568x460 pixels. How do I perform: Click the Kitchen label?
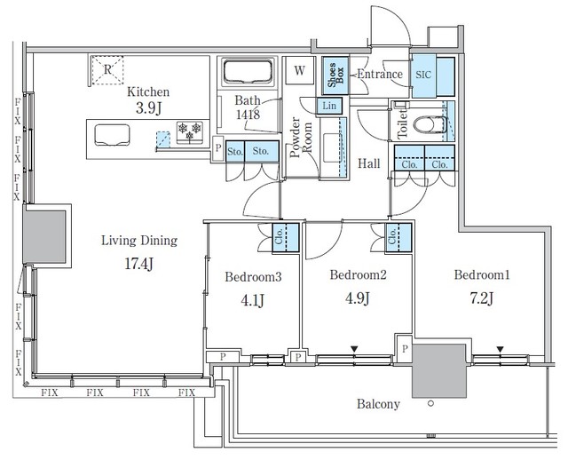148,91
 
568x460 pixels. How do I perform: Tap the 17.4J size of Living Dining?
139,264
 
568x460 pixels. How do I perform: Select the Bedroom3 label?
253,277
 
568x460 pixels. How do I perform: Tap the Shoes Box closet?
335,76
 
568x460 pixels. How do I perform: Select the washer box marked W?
300,70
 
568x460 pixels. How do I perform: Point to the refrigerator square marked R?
107,69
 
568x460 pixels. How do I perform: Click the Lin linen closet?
329,106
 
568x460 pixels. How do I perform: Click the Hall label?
370,164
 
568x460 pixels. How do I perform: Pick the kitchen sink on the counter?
111,137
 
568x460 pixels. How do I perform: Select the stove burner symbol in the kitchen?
190,131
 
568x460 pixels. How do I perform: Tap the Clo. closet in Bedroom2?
395,237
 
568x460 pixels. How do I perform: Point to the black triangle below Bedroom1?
501,349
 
